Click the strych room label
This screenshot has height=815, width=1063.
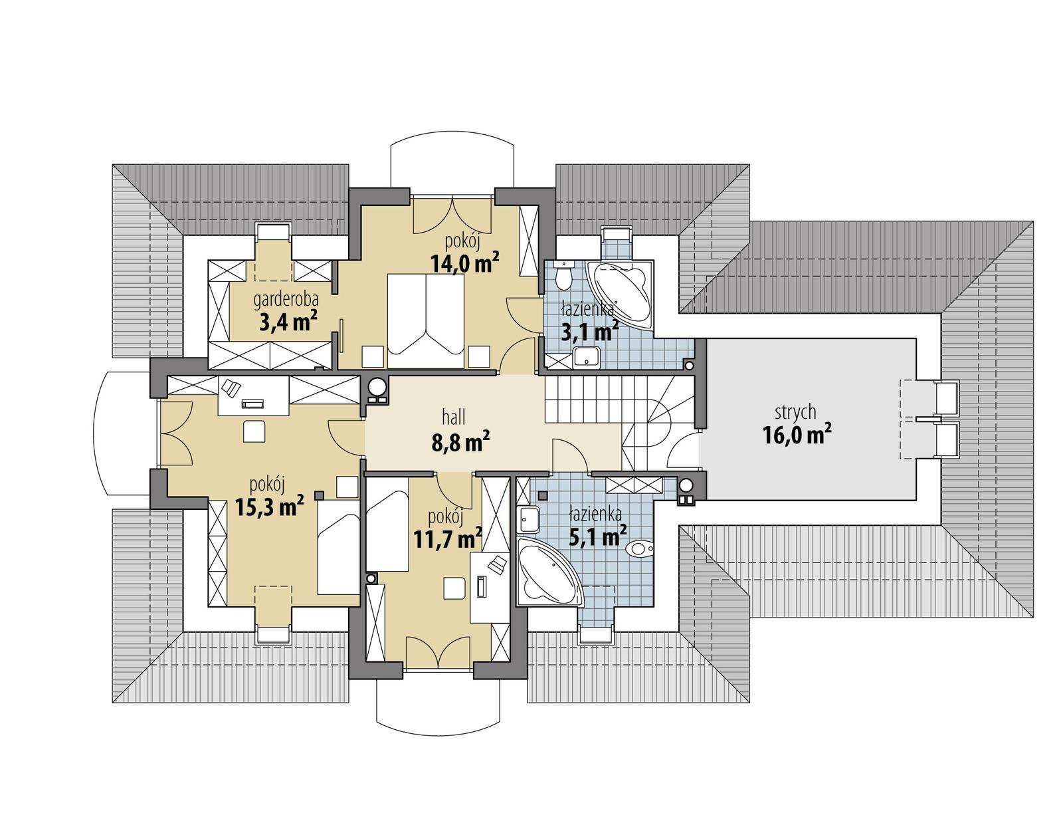click(x=795, y=412)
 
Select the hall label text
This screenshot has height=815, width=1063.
click(x=454, y=417)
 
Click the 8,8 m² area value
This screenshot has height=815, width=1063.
click(x=460, y=441)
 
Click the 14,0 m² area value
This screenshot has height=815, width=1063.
click(x=464, y=264)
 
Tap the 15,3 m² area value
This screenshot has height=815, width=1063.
click(x=269, y=507)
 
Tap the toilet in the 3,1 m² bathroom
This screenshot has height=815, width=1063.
click(x=565, y=276)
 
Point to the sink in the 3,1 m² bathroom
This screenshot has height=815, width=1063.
click(x=587, y=358)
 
